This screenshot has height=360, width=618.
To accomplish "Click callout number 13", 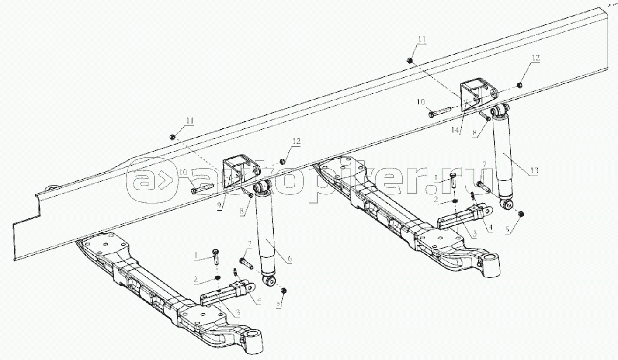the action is tap(535, 170).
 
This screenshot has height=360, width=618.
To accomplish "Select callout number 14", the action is tap(455, 131).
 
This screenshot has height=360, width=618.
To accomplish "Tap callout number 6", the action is tap(289, 259).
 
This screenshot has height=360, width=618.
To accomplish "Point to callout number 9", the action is tap(219, 205).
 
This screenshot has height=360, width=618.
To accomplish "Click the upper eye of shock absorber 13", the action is tap(500, 111).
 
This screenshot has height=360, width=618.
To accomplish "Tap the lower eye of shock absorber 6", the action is tap(269, 281).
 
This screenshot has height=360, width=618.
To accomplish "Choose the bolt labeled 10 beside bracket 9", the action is tap(203, 188).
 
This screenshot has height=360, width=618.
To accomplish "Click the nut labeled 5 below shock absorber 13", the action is tap(521, 214).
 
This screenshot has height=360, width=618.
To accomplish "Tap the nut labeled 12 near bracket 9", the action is tap(282, 161).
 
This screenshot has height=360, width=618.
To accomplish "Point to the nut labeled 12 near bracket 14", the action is tap(519, 85).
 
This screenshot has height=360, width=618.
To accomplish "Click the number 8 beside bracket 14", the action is tap(474, 133).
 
